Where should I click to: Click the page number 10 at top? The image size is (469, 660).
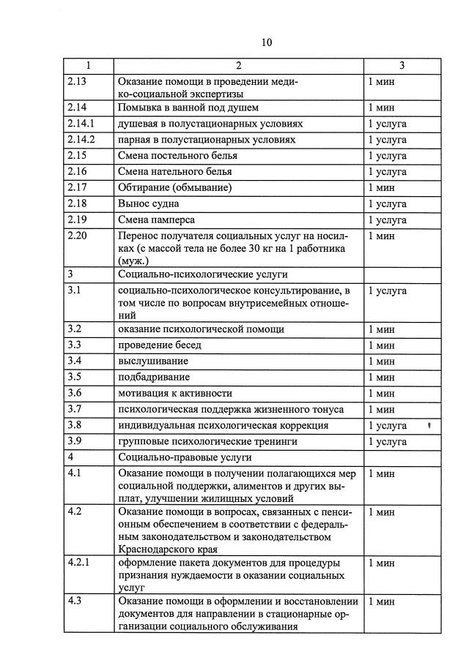tap(266, 42)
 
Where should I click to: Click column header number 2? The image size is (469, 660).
tap(238, 67)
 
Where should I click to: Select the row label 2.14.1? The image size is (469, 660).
tap(81, 124)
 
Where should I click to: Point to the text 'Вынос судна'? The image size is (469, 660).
tap(148, 203)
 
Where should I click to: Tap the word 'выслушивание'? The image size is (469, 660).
tap(152, 361)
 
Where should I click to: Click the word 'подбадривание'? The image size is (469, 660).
tap(154, 377)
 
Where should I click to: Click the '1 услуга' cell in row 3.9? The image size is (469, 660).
tap(387, 442)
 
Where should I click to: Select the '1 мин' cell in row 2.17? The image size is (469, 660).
tap(381, 187)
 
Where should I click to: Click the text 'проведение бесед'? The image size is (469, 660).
tap(159, 345)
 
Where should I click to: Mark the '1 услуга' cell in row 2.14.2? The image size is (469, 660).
tap(387, 140)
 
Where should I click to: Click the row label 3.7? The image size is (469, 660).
tap(73, 409)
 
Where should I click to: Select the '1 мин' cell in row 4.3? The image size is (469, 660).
tap(381, 601)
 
